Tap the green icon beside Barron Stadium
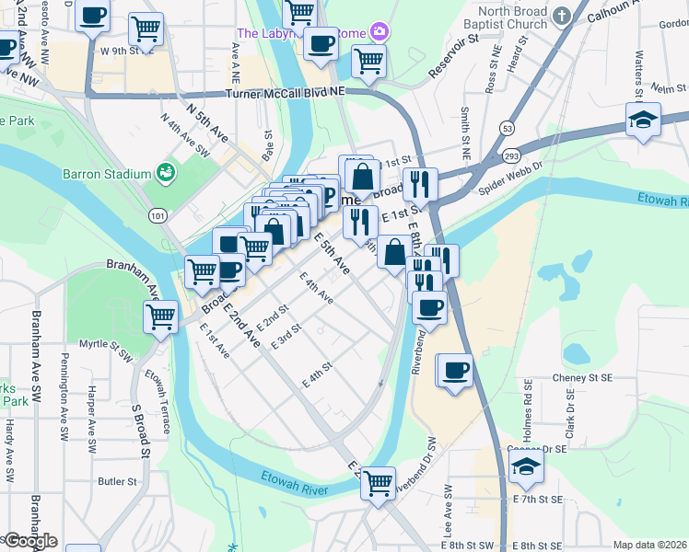[x=166, y=171]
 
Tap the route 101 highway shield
[x=158, y=214]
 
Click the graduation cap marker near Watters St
[x=644, y=120]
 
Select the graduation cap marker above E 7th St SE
[x=526, y=466]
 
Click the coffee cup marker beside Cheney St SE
[x=455, y=371]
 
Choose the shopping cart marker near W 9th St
[x=146, y=29]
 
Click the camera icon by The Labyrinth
[x=380, y=32]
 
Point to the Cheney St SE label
[x=582, y=378]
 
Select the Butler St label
[x=117, y=480]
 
